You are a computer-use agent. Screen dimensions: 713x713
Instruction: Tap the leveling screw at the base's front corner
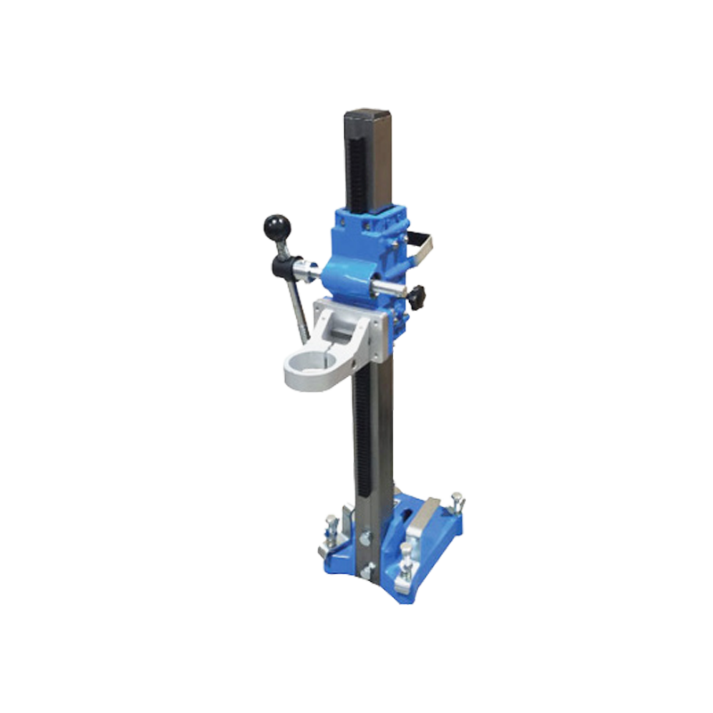[412, 553]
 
